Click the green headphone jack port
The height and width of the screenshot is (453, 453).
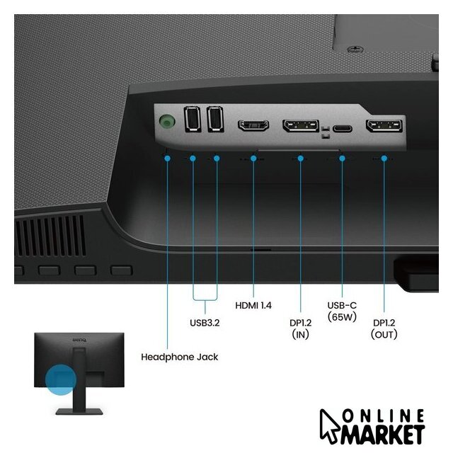(x=167, y=120)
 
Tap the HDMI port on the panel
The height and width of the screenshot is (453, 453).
(x=253, y=126)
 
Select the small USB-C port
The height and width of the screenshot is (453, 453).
(x=343, y=128)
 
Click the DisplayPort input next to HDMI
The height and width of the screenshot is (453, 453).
(x=301, y=126)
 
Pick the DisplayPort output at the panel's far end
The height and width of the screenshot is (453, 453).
(x=384, y=126)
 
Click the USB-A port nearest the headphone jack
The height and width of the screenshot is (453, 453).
(x=193, y=119)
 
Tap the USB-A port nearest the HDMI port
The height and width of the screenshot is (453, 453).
(x=215, y=119)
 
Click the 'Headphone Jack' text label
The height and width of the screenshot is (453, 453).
(x=179, y=357)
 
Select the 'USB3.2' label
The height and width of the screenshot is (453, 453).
(x=205, y=323)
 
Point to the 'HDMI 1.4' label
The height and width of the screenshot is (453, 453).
(x=253, y=305)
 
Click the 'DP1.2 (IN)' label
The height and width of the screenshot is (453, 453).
(x=300, y=328)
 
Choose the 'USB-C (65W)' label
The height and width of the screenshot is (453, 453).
(x=342, y=311)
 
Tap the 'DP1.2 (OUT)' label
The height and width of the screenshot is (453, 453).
(x=384, y=328)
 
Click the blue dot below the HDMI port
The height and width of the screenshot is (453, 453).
(x=253, y=159)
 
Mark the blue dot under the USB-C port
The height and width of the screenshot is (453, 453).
(x=342, y=159)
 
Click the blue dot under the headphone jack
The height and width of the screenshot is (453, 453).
(x=167, y=159)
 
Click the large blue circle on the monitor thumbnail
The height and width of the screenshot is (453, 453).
(x=61, y=379)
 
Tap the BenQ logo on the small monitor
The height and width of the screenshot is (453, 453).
(x=79, y=340)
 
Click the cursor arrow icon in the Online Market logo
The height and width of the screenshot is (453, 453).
(x=330, y=425)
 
